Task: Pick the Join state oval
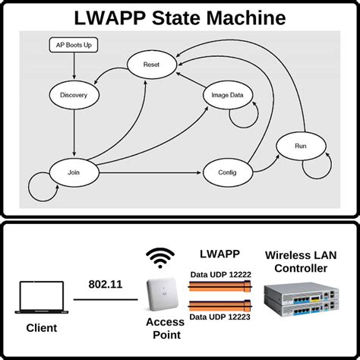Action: tap(74, 172)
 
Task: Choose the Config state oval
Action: tap(227, 173)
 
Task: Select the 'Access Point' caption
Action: tap(165, 328)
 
